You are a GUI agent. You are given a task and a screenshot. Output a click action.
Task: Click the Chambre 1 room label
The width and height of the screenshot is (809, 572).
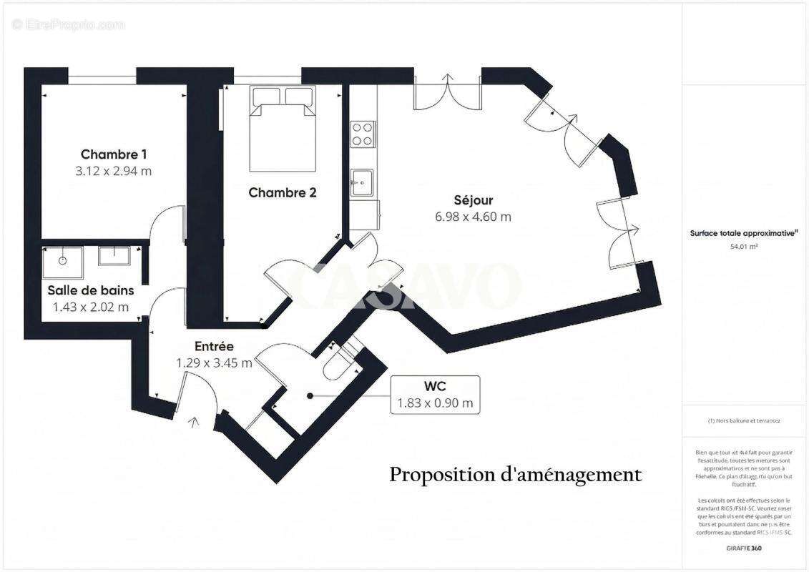114,154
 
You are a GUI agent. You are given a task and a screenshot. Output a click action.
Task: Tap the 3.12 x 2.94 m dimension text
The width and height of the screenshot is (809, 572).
114,172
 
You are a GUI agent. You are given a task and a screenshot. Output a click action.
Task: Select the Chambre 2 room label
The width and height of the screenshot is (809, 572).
283,192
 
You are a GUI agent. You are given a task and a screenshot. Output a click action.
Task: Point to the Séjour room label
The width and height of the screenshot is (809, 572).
474,200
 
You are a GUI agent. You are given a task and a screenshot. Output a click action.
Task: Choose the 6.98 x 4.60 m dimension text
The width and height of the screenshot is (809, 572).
474,217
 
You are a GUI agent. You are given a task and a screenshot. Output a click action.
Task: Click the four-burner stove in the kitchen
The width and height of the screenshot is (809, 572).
363,134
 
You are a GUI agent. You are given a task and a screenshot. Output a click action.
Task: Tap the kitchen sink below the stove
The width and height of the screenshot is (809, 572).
362,182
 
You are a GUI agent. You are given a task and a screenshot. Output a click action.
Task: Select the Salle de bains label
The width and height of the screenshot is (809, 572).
91,290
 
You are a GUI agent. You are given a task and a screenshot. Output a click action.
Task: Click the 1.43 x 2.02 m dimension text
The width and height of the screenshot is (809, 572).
91,307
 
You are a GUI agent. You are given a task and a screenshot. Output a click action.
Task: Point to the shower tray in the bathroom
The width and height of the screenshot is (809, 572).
63,262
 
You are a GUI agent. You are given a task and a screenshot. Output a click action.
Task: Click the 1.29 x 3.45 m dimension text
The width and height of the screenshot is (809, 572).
214,363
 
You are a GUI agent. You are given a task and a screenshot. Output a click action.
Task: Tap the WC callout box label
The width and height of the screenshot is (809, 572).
435,387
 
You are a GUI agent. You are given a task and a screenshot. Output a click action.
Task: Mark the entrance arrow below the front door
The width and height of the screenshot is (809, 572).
194,423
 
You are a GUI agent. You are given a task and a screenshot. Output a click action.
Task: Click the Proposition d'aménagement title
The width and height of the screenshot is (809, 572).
516,474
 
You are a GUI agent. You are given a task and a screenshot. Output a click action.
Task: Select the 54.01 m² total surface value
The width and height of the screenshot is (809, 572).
744,246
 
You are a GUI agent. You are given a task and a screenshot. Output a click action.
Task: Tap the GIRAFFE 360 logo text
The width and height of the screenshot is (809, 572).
744,547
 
